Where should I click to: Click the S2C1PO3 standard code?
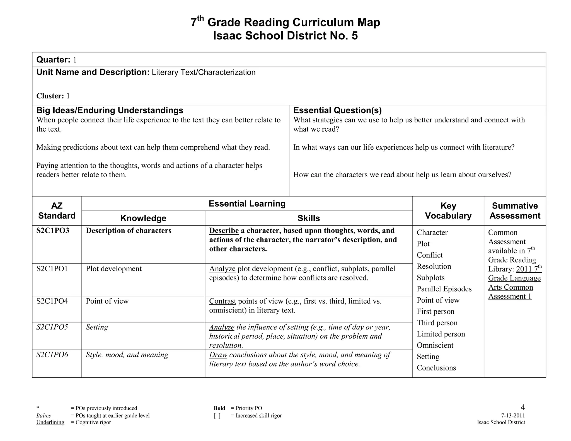53,231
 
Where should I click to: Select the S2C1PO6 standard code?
52,355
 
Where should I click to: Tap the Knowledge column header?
143,218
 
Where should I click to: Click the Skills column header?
308,218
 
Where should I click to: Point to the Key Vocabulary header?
448,211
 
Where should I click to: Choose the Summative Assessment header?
515,211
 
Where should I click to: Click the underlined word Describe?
224,231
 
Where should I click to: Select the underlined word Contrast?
222,301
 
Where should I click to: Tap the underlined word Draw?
218,355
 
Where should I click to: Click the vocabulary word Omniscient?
435,345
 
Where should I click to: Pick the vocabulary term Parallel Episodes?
444,289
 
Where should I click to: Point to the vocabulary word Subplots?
430,278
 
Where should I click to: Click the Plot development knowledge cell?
114,268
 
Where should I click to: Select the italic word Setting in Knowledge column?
97,327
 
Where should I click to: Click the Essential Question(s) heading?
337,110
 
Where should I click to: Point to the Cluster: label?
50,96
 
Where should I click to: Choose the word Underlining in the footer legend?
50,422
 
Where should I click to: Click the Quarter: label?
53,60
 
